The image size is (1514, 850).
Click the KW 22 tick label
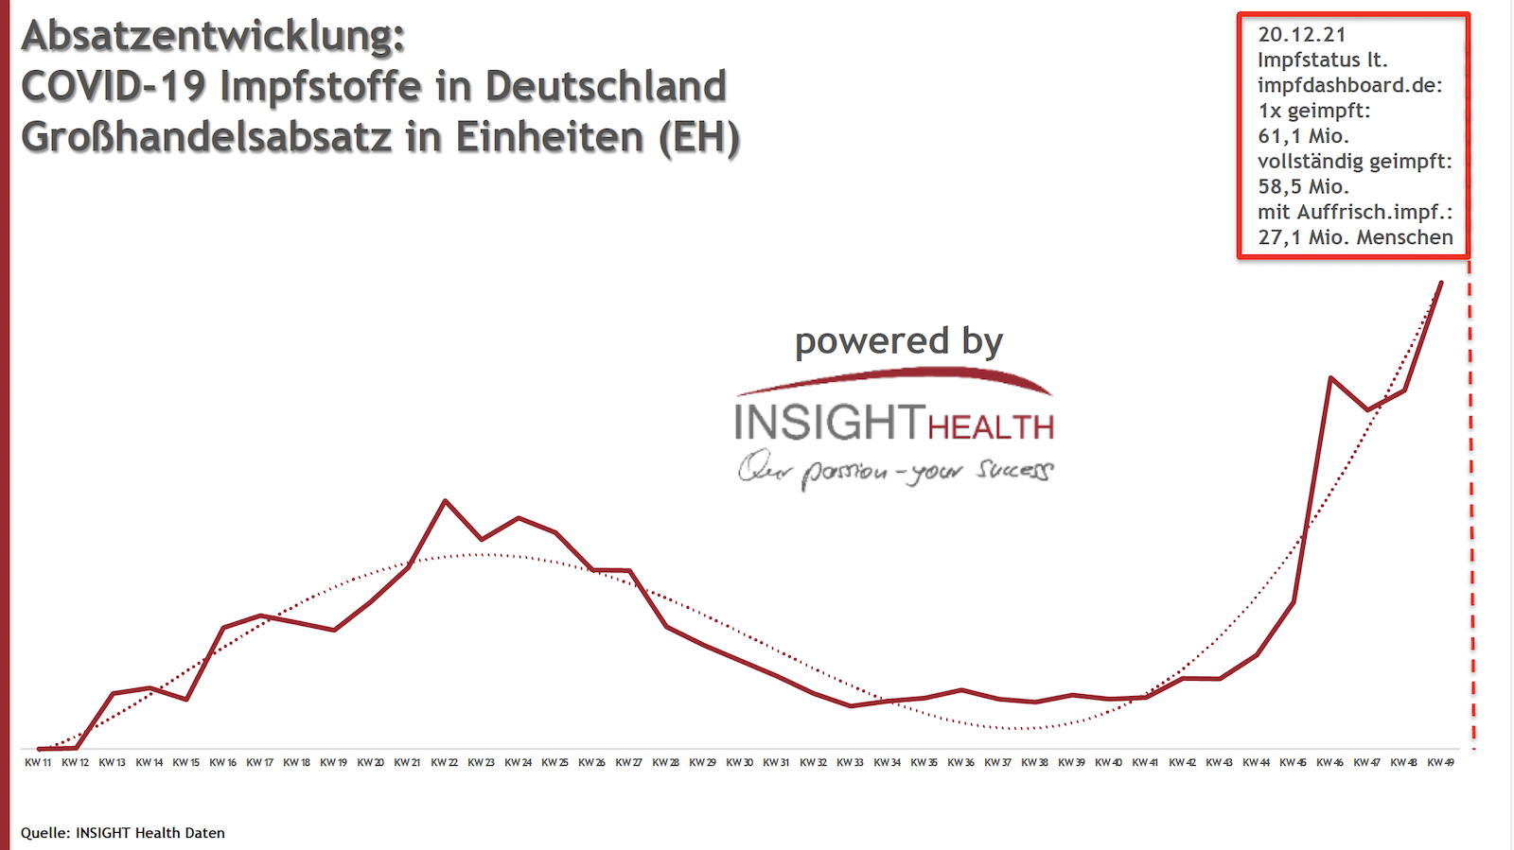click(445, 762)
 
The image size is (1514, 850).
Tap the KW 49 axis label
click(1441, 762)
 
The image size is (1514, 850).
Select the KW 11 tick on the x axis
click(38, 762)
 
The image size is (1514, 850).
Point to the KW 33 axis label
click(851, 762)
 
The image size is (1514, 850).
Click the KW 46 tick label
click(1330, 762)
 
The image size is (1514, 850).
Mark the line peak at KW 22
click(445, 501)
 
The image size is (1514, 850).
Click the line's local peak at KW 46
click(1330, 378)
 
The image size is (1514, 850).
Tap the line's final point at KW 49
click(1441, 282)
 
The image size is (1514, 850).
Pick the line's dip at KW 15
click(186, 699)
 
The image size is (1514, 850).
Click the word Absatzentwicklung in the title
click(213, 36)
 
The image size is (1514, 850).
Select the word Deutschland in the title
click(606, 86)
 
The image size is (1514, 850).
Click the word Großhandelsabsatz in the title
click(206, 137)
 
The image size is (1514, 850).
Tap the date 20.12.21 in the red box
click(1302, 35)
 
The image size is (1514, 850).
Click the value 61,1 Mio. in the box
click(1303, 136)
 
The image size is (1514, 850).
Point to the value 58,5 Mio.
click(1303, 187)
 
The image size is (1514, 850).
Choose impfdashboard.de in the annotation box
click(1349, 85)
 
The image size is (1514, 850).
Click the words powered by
click(898, 341)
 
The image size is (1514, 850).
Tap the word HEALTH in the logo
click(991, 427)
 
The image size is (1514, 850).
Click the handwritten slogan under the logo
click(895, 470)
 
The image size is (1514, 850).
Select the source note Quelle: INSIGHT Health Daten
click(123, 833)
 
